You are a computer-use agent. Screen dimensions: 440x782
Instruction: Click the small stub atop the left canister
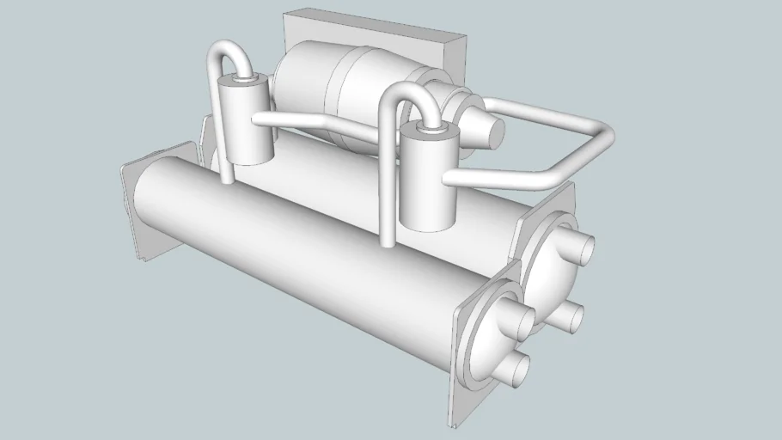tap(246, 80)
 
